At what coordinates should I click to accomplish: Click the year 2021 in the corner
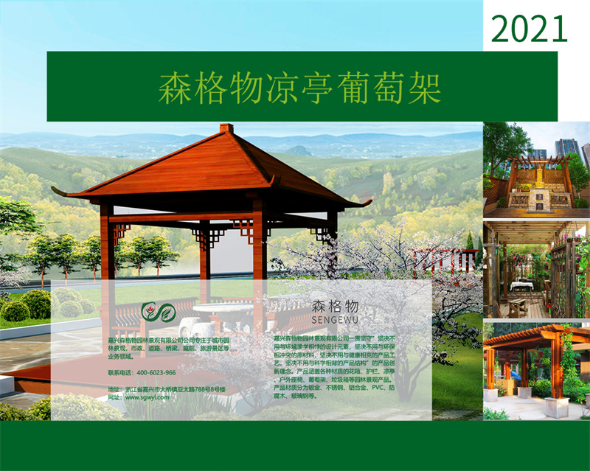click(530, 28)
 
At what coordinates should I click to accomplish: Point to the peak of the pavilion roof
click(226, 128)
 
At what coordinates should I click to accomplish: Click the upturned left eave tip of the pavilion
click(55, 191)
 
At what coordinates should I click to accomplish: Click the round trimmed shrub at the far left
click(15, 310)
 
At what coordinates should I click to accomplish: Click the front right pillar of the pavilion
click(258, 258)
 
